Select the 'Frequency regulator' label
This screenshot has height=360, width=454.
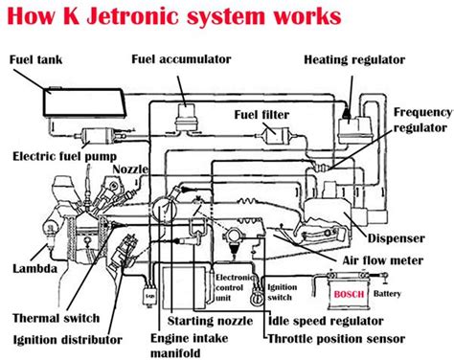421,120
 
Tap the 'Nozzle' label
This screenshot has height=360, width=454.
130,169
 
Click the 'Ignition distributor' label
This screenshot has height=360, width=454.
67,339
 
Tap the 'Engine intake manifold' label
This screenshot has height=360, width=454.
203,345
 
